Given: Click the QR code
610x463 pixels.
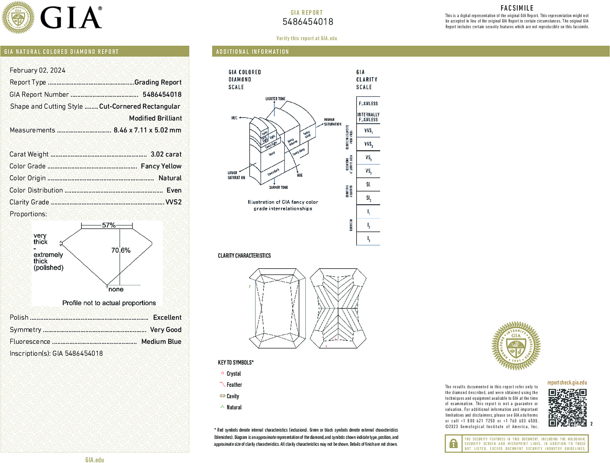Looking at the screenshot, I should click(567, 407).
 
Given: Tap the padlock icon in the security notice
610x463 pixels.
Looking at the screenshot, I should click(453, 443).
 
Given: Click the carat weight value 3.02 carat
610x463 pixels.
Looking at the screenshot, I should click(166, 154).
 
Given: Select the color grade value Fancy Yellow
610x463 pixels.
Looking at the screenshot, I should click(161, 166).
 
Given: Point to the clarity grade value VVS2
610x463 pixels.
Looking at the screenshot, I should click(173, 202).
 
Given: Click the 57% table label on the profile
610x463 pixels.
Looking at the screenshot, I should click(108, 225).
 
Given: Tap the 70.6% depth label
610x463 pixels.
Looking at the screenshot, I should click(121, 250).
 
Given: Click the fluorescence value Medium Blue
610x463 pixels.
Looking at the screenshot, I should click(161, 342).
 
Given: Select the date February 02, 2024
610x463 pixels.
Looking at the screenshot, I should click(37, 70).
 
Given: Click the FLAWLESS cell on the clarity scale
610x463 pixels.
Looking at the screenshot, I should click(368, 104).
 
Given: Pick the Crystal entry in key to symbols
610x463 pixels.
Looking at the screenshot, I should click(234, 374).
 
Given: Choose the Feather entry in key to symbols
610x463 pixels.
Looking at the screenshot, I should click(234, 385).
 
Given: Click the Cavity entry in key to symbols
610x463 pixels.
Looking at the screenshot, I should click(233, 396).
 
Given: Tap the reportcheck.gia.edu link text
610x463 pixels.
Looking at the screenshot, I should click(567, 383).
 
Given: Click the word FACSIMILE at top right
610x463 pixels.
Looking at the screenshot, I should click(517, 8).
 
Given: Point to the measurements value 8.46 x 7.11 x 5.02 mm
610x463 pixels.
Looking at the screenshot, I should click(147, 130).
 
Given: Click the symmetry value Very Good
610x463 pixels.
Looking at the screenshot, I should click(165, 330).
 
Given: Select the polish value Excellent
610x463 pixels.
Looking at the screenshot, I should click(167, 317).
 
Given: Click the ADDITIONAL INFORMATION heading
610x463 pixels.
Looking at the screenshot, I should click(252, 52).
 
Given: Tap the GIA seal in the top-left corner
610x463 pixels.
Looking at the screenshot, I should click(18, 18).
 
